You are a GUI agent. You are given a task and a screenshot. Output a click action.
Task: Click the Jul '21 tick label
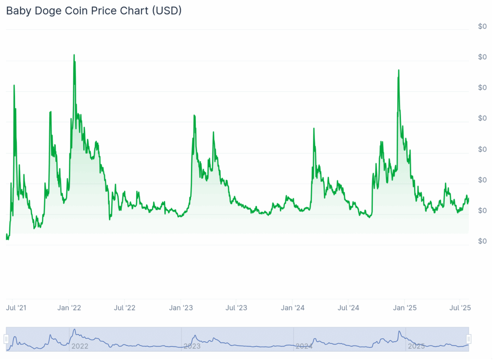click(x=16, y=307)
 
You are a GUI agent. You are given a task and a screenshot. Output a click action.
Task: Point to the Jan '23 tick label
click(x=182, y=307)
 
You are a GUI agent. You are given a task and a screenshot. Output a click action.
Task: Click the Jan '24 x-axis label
click(x=293, y=307)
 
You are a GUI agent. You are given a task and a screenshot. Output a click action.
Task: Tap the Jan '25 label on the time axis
click(x=405, y=307)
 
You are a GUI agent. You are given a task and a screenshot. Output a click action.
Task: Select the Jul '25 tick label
click(x=460, y=307)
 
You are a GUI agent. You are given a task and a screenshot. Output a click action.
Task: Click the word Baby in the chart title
click(x=18, y=11)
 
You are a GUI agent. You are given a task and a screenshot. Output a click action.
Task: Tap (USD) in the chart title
click(x=167, y=11)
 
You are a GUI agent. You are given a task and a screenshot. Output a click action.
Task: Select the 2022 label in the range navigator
click(x=80, y=346)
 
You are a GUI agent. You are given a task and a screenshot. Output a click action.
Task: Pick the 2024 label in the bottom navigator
click(x=304, y=346)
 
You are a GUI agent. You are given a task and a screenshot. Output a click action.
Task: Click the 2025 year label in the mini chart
click(x=416, y=346)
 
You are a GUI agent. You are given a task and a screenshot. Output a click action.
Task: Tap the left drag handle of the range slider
click(x=6, y=339)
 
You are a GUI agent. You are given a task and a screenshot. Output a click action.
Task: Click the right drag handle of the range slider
click(x=468, y=339)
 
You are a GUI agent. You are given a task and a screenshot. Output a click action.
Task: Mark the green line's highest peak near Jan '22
click(x=74, y=55)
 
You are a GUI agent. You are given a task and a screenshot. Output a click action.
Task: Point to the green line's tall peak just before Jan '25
click(x=399, y=70)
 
